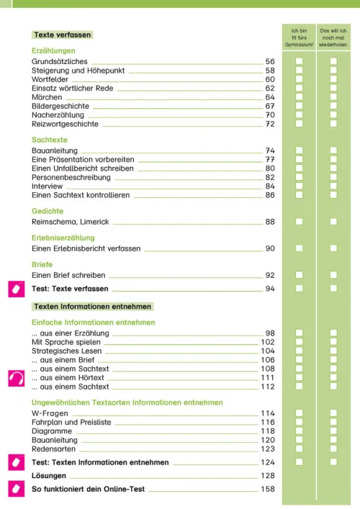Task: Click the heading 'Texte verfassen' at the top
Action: point(63,35)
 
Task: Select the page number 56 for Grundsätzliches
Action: point(270,63)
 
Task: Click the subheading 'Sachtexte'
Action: point(49,139)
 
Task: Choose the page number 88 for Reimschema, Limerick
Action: point(270,222)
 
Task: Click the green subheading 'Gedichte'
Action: point(48,211)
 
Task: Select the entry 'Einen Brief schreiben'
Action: point(68,275)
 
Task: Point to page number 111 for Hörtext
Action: point(268,377)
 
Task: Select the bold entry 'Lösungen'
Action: point(49,476)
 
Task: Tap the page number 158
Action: point(268,490)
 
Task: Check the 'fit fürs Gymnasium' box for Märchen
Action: point(299,97)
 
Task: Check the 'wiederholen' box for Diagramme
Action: point(333,431)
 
